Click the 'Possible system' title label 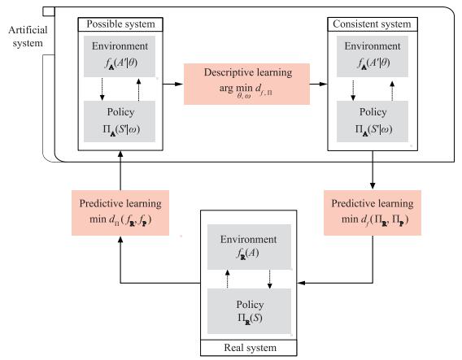120,24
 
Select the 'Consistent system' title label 372,24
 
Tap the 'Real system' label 251,348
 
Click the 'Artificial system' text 28,37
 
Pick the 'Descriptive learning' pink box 247,84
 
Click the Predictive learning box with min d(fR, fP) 120,213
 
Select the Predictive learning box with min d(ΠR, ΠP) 373,213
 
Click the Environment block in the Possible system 120,57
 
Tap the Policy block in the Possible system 120,121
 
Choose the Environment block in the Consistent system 373,57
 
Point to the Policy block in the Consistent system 373,121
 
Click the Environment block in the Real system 249,247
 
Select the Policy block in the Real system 249,311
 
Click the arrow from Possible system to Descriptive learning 173,84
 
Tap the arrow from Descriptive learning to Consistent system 319,84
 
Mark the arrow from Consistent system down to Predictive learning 373,170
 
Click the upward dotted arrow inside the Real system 227,279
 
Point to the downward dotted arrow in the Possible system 102,89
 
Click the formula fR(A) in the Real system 248,254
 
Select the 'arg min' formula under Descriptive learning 246,89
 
